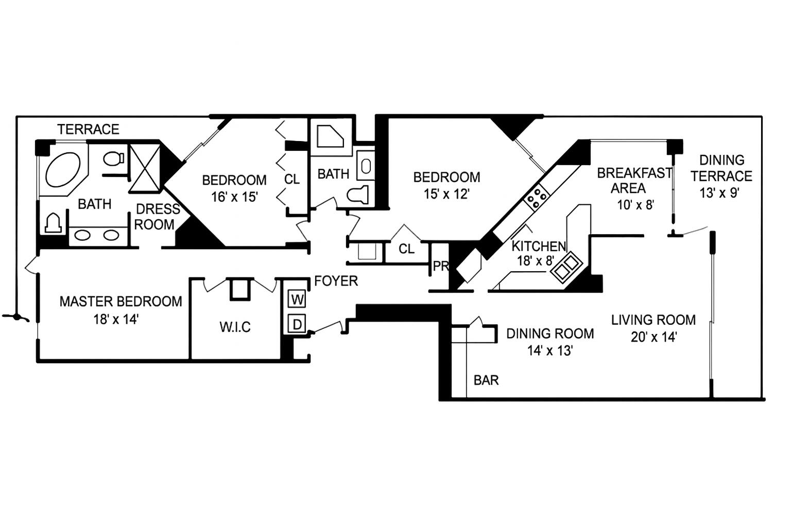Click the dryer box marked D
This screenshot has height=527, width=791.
click(x=297, y=324)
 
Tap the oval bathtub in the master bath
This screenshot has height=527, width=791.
click(x=63, y=170)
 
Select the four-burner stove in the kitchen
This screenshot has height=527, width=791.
click(x=537, y=198)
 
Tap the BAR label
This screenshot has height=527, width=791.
click(x=486, y=380)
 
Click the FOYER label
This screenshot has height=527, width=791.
click(x=336, y=281)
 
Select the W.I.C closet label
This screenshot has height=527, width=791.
click(x=235, y=327)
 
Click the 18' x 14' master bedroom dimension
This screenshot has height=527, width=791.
click(x=116, y=319)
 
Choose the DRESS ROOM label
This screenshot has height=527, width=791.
click(x=157, y=217)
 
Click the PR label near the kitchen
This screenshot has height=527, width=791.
click(x=441, y=267)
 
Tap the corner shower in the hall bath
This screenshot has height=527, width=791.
click(x=330, y=137)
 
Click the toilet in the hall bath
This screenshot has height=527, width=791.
click(x=358, y=195)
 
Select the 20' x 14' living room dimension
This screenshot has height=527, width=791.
click(x=653, y=337)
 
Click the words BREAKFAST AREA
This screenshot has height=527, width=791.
click(x=633, y=181)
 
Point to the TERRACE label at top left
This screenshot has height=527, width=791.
click(x=88, y=129)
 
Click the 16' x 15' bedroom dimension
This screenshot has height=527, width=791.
click(x=234, y=197)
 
